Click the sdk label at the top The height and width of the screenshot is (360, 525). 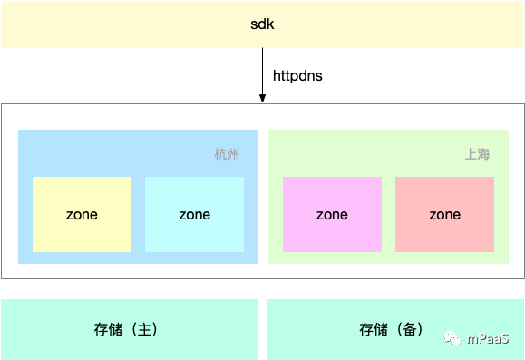(262, 24)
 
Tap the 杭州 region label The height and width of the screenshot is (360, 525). (228, 154)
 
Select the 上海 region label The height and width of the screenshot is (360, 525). (477, 154)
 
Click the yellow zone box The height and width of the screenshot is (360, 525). (82, 215)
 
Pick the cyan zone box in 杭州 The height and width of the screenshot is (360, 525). (194, 215)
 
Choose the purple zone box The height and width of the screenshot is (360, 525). (332, 215)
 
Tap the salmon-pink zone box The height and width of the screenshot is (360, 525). (444, 215)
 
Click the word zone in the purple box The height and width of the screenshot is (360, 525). (332, 215)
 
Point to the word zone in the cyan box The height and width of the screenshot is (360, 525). (194, 215)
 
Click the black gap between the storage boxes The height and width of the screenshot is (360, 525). (262, 328)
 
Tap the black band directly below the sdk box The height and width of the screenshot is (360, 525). (262, 75)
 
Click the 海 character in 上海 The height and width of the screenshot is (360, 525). (483, 154)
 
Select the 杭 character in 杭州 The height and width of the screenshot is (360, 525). (221, 154)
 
